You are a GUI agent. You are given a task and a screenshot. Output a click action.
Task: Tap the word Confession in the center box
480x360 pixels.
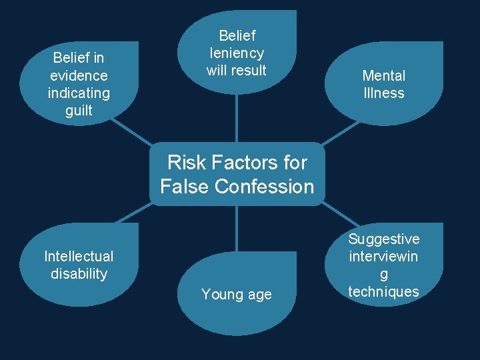(269, 187)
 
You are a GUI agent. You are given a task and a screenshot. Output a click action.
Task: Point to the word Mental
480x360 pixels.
(384, 76)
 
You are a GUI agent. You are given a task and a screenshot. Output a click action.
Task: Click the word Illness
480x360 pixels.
(384, 93)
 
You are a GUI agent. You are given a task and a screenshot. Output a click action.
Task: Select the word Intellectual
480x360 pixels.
(79, 256)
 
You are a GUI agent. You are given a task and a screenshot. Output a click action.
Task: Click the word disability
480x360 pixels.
(79, 273)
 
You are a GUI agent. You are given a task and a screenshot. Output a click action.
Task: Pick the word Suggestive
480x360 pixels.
(384, 239)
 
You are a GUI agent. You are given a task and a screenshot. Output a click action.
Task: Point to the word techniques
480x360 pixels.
(384, 291)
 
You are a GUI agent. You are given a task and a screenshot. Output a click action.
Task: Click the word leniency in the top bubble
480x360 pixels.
(237, 53)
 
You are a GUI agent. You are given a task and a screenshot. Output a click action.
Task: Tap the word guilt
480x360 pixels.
(79, 111)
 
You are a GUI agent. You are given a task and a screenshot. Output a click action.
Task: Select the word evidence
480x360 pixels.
(79, 75)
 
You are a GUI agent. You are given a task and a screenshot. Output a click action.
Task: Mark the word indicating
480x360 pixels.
(79, 93)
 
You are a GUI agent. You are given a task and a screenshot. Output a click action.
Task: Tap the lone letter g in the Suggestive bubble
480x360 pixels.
(384, 274)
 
